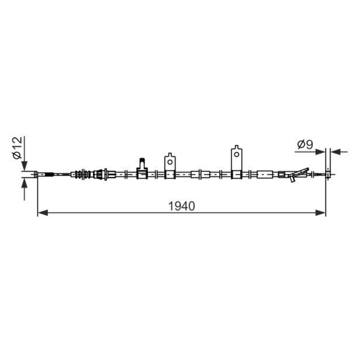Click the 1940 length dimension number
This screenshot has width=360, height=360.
click(181, 206)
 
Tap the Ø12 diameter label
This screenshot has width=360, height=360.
click(18, 148)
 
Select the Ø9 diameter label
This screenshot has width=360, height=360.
click(305, 144)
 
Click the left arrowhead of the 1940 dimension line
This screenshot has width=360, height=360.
click(42, 213)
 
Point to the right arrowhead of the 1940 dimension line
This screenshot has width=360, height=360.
click(320, 213)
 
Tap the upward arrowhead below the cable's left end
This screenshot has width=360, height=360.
click(24, 183)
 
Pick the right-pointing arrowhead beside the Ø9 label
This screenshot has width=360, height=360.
click(320, 152)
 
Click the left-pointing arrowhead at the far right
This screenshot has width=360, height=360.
click(335, 152)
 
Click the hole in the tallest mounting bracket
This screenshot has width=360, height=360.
click(237, 154)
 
